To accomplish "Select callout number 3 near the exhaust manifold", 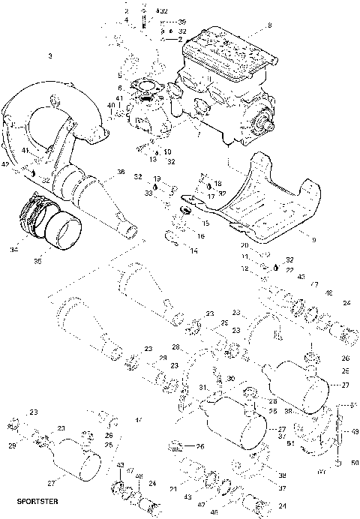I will pos(49,56).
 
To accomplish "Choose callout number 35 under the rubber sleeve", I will pos(40,262).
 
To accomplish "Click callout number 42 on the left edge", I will pos(4,163).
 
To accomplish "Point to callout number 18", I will pos(217,183).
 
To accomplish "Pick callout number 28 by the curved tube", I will pos(175,347).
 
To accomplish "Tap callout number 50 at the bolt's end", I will pos(355,463).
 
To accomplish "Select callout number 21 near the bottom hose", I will pos(174,488).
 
